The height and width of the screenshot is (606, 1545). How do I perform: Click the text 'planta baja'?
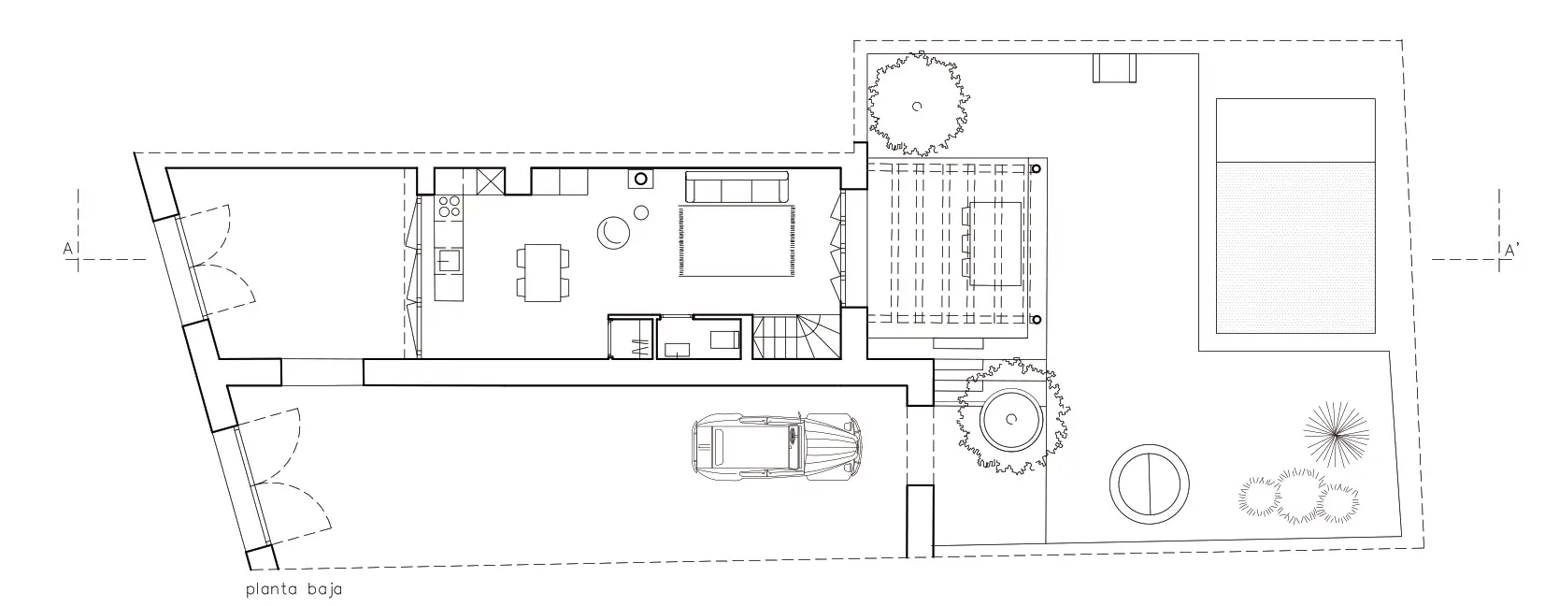pyautogui.click(x=294, y=589)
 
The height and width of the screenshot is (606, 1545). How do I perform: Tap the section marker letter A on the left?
pyautogui.click(x=67, y=249)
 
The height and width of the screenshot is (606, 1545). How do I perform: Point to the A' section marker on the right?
pyautogui.click(x=1511, y=250)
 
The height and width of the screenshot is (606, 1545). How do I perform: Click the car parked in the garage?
pyautogui.click(x=777, y=447)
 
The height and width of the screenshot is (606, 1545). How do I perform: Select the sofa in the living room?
pyautogui.click(x=737, y=187)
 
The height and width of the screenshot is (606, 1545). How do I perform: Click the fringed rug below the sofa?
pyautogui.click(x=737, y=241)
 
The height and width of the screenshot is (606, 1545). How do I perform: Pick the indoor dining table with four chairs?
pyautogui.click(x=543, y=273)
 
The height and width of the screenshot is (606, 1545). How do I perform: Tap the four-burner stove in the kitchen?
pyautogui.click(x=449, y=207)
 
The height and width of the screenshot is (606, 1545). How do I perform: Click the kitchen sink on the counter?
pyautogui.click(x=450, y=260)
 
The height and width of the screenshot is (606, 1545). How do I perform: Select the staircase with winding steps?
pyautogui.click(x=796, y=337)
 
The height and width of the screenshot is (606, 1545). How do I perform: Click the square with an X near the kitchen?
pyautogui.click(x=491, y=181)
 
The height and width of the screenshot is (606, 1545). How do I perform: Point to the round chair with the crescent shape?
pyautogui.click(x=613, y=232)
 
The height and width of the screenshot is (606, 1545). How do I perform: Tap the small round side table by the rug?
pyautogui.click(x=641, y=212)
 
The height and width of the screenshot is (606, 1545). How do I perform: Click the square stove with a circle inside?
pyautogui.click(x=640, y=179)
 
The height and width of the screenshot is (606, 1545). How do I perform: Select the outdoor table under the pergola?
pyautogui.click(x=995, y=244)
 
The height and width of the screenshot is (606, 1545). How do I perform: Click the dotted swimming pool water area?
pyautogui.click(x=1295, y=248)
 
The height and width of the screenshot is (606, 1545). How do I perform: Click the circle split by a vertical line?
pyautogui.click(x=1150, y=483)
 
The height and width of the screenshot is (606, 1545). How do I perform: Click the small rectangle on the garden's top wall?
pyautogui.click(x=1114, y=68)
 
